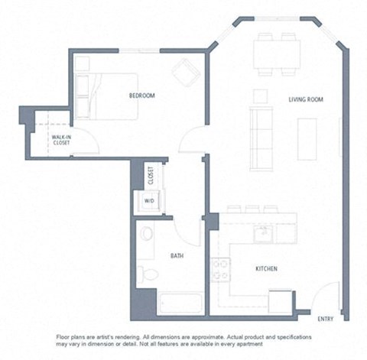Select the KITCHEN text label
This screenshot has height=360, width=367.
pos(265,269)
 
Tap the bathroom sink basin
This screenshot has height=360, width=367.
pos(148,235)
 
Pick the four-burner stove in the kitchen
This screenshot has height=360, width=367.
pos(222,268)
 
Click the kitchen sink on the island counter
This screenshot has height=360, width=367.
pos(264,233)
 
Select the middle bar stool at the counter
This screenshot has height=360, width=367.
pos(252,209)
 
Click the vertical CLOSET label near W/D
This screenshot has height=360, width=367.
pos(151,176)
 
